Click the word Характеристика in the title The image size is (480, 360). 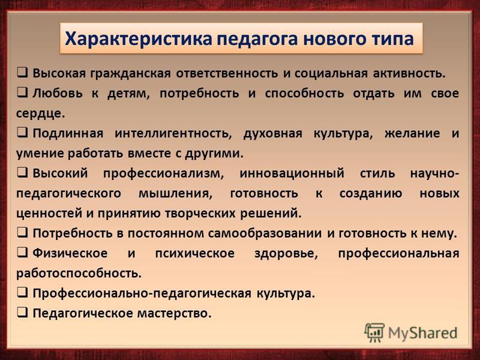click(139, 39)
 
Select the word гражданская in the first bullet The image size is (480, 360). click(130, 74)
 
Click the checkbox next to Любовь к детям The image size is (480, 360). click(22, 93)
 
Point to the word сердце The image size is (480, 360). click(40, 113)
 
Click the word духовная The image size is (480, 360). click(273, 134)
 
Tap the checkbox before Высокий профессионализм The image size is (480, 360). click(22, 173)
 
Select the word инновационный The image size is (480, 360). click(292, 173)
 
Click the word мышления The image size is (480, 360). click(175, 194)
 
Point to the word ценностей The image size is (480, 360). click(49, 214)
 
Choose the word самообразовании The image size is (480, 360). click(265, 233)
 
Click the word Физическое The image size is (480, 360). click(70, 253)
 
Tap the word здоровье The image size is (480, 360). click(286, 253)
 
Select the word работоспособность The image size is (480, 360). click(79, 274)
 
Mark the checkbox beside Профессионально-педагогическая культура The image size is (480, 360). click(22, 293)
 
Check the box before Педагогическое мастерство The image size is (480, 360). click(22, 313)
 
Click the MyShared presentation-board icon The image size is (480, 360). click(374, 332)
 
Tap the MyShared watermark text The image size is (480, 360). click(423, 333)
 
